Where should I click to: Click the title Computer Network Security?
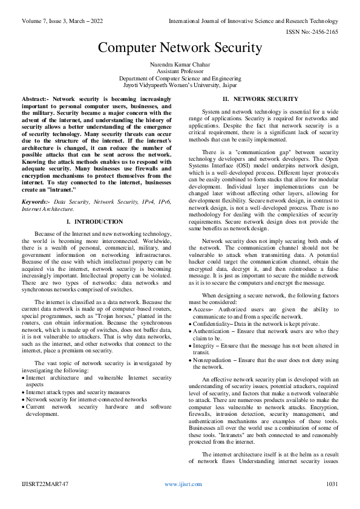[180, 48]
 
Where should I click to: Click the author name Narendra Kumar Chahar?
[180, 64]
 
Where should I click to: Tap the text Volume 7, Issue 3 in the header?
[42, 21]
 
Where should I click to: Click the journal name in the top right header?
[254, 21]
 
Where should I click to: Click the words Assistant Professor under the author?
[180, 71]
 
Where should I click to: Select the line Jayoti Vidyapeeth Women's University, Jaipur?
[180, 85]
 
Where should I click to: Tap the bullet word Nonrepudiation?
[214, 359]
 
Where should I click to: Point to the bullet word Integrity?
[205, 345]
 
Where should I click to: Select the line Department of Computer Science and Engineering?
[180, 79]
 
